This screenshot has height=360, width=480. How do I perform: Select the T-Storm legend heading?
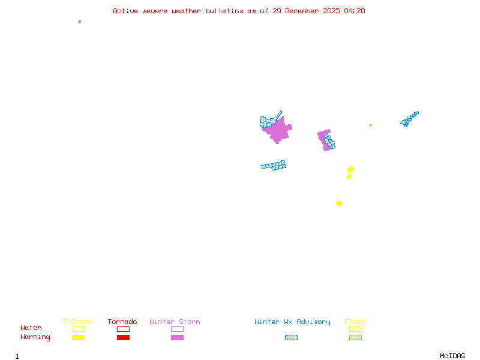tap(77, 322)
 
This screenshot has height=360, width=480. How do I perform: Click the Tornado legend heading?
tap(122, 322)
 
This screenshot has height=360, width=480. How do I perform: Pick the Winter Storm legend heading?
tap(175, 322)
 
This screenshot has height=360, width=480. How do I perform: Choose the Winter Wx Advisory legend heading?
tap(292, 322)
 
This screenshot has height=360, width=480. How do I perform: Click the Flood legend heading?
tap(355, 322)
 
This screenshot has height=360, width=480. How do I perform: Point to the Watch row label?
tap(31, 328)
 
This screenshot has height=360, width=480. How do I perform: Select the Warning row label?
tap(35, 337)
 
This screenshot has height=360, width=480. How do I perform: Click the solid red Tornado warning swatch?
tap(123, 337)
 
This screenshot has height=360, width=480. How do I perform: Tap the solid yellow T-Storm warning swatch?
tap(78, 337)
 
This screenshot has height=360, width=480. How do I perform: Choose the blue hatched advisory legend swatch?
tap(291, 337)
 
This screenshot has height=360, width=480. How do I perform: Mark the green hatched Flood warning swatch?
tap(355, 337)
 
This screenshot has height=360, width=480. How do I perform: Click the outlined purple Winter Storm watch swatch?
tap(177, 329)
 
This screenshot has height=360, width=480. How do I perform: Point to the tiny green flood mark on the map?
tap(370, 125)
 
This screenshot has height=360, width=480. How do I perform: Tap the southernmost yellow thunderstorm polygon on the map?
tap(339, 203)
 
